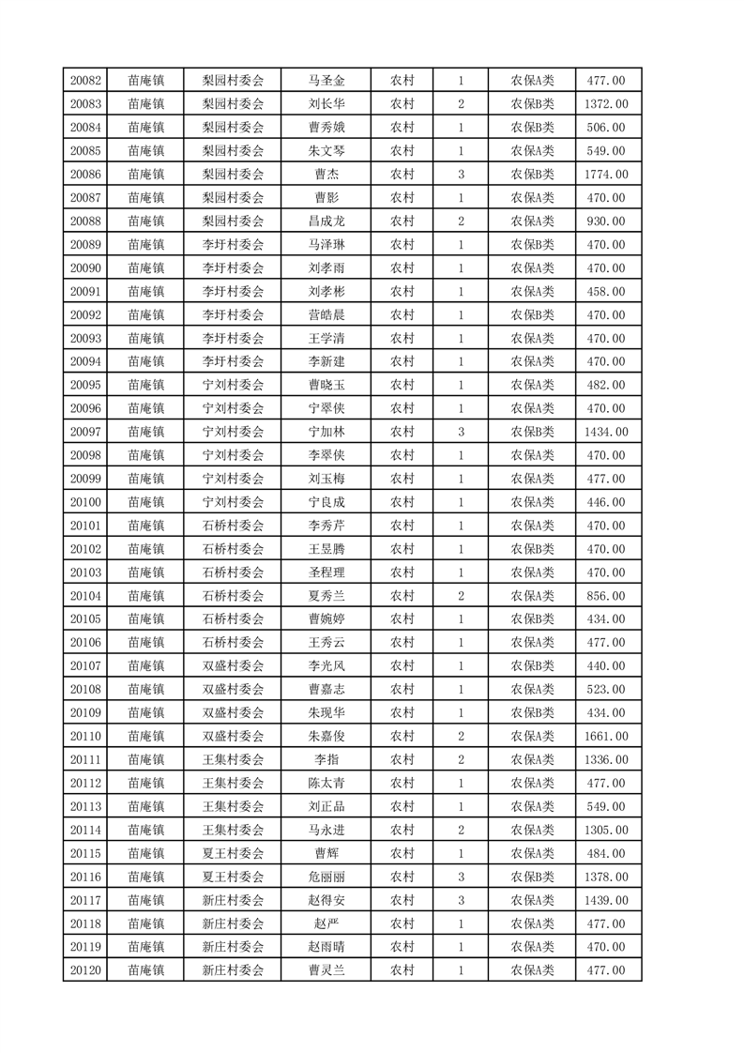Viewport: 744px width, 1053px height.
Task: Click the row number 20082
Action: (x=85, y=81)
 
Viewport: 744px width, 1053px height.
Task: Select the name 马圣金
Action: (x=326, y=81)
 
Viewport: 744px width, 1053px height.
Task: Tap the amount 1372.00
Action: (x=605, y=104)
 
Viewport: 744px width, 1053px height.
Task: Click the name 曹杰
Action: (x=326, y=175)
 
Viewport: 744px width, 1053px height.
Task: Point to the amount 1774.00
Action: (x=605, y=175)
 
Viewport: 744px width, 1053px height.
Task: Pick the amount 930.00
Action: (x=605, y=221)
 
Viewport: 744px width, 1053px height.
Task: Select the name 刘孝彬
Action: (x=326, y=291)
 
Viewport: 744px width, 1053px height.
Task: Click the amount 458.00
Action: (x=605, y=291)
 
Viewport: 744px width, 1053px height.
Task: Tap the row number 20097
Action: (x=85, y=432)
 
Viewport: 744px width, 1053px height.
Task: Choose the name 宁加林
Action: (x=326, y=432)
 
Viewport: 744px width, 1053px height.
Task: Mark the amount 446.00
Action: (x=605, y=502)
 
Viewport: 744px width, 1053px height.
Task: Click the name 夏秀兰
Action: (x=326, y=596)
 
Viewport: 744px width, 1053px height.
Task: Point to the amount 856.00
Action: (x=605, y=596)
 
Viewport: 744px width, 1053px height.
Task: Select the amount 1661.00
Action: (x=605, y=737)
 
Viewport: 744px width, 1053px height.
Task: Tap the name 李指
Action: (x=326, y=760)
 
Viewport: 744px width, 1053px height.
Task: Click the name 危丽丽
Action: (x=326, y=877)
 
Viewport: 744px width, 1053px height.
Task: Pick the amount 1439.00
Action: (x=605, y=900)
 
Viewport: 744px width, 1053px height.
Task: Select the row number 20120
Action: (x=85, y=970)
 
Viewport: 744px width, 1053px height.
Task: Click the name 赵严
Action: (x=326, y=923)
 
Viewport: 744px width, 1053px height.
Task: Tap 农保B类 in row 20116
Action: (x=532, y=877)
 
